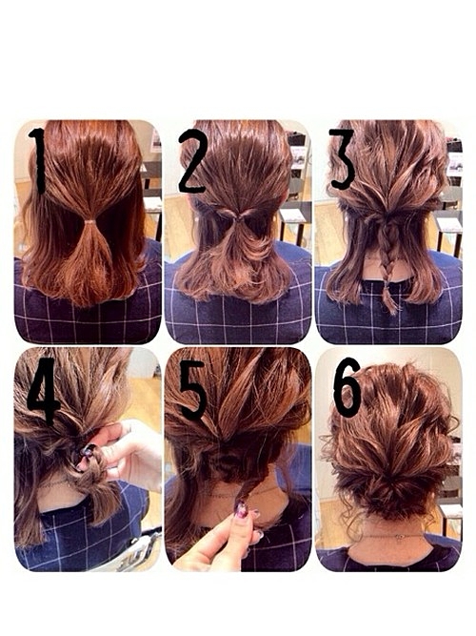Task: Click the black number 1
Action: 39,160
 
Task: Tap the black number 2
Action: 193,161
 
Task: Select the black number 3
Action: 343,159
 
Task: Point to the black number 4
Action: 44,390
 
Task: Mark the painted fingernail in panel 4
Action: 87,450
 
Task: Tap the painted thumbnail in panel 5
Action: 242,509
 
